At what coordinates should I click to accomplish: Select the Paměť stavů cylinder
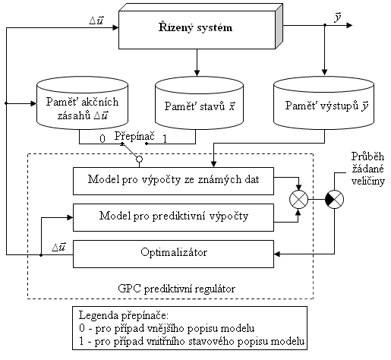click(199, 103)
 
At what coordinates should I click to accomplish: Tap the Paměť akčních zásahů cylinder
click(82, 103)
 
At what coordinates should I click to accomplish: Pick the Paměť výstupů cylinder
click(323, 103)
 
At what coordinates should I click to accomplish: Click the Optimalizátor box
click(173, 254)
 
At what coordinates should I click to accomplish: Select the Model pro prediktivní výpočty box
click(173, 217)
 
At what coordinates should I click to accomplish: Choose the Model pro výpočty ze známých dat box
click(173, 181)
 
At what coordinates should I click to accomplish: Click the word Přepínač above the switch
click(134, 136)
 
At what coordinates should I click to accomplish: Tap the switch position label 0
click(102, 139)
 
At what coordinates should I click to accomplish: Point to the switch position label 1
click(165, 139)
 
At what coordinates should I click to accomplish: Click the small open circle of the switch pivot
click(139, 159)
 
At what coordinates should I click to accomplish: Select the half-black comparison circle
click(334, 199)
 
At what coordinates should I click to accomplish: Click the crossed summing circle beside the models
click(298, 199)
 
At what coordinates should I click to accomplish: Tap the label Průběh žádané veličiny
click(368, 169)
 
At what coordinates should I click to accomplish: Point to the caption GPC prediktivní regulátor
click(177, 289)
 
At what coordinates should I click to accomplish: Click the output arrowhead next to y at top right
click(349, 25)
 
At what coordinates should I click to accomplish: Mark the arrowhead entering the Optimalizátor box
click(277, 254)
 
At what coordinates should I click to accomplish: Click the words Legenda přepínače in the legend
click(124, 316)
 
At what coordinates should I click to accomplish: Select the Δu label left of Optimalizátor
click(59, 247)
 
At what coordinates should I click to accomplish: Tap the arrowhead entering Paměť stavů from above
click(197, 73)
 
